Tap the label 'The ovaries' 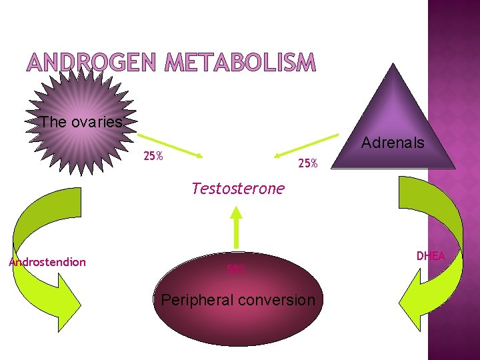coord(81,122)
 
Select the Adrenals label coord(393,142)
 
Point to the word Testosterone coord(237,189)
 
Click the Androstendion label coord(47,262)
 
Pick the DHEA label coord(431,255)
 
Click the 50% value coord(236,269)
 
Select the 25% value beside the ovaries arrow coord(154,157)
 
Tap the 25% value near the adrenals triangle coord(308,163)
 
